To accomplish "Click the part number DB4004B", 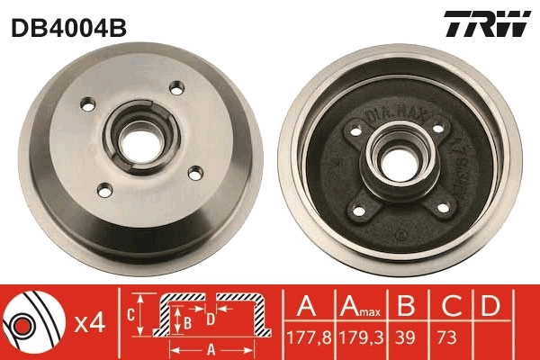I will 67,26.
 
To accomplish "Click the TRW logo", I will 487,24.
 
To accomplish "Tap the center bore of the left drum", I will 141,139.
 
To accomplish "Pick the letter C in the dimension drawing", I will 130,314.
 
